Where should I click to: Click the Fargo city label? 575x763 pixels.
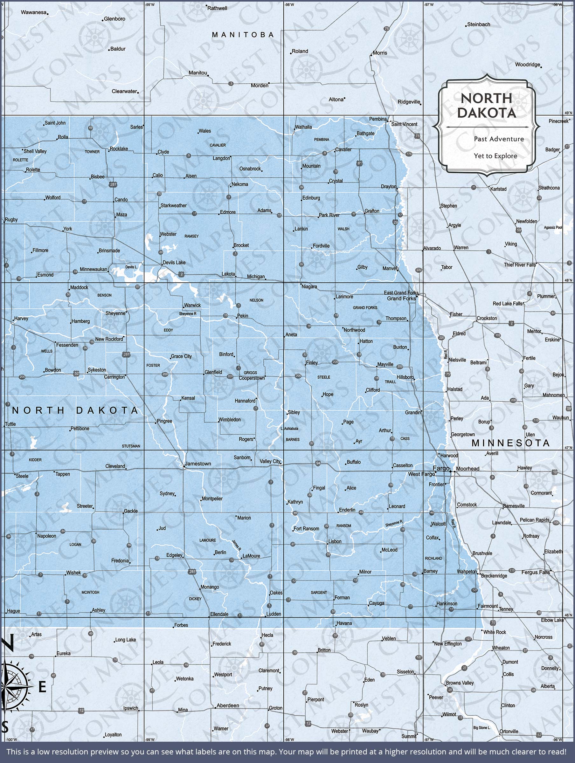point(441,468)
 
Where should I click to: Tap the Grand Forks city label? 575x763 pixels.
point(401,299)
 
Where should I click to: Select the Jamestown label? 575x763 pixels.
point(198,464)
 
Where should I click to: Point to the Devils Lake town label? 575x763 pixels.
point(174,263)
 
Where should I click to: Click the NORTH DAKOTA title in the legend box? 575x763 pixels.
point(486,105)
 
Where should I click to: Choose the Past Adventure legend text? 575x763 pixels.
point(499,139)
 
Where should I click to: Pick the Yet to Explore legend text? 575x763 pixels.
point(495,156)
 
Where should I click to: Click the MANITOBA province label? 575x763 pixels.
point(243,35)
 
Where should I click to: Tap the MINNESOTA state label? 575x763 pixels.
point(510,443)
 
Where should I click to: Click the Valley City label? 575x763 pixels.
point(270,461)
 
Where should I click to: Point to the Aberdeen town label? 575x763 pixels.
point(228,705)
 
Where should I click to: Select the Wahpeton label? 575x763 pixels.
point(467,572)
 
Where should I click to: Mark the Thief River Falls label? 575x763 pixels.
point(520,265)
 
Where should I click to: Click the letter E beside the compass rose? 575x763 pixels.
point(42,687)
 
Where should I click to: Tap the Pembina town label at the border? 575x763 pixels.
point(378,119)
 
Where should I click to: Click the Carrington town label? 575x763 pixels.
point(114,377)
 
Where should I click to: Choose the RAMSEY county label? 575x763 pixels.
point(191,236)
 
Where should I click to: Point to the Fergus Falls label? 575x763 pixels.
point(536,572)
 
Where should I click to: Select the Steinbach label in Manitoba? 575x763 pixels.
point(478,24)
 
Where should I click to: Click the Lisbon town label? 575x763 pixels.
point(335,541)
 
